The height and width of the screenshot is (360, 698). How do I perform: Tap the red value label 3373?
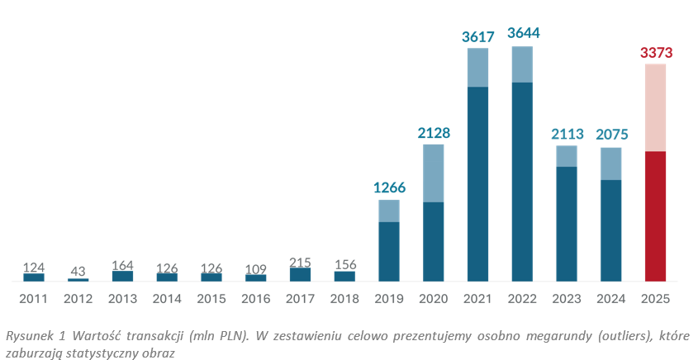(x=656, y=52)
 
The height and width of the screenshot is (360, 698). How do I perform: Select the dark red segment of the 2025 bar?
(x=656, y=216)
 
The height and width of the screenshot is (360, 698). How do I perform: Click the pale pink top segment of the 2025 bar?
(x=656, y=107)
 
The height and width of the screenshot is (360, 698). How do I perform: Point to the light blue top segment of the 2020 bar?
(x=434, y=173)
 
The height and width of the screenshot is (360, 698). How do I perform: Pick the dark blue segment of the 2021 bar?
(x=478, y=183)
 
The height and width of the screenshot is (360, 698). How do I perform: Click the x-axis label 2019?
(x=389, y=297)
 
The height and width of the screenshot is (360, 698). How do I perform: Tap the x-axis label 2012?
(x=78, y=297)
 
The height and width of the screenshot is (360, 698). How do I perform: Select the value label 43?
(x=78, y=271)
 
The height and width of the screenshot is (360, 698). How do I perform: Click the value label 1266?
(x=389, y=187)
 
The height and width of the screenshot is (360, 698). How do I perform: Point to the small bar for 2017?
(x=300, y=274)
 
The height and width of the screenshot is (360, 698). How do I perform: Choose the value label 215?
(x=300, y=261)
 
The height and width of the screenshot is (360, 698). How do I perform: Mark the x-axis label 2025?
(x=656, y=297)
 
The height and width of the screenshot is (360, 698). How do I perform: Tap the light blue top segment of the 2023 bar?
(x=567, y=156)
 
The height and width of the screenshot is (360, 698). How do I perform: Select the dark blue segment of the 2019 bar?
(x=389, y=251)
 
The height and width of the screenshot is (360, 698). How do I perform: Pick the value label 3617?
(x=478, y=36)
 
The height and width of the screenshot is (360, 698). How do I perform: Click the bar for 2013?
(x=122, y=276)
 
